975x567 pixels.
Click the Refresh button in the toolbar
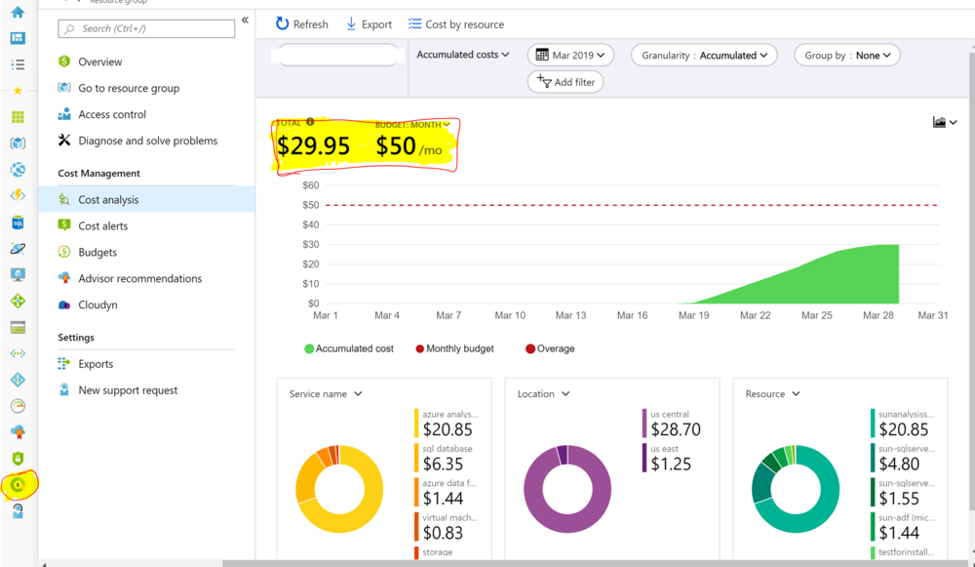(x=301, y=24)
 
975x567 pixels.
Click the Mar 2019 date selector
(x=570, y=56)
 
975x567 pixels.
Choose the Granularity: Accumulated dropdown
(x=704, y=56)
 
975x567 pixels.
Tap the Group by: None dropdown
(x=846, y=56)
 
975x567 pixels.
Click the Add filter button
(x=565, y=82)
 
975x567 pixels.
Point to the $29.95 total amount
(x=313, y=146)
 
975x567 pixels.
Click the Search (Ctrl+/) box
(x=146, y=28)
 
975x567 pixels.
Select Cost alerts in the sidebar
(x=102, y=225)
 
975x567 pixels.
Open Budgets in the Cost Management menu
(x=97, y=252)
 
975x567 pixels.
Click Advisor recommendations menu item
(x=139, y=278)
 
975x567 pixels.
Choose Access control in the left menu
(x=112, y=114)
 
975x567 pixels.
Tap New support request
(x=128, y=390)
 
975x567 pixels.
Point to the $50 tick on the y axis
(x=310, y=205)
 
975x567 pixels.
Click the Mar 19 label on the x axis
(x=693, y=315)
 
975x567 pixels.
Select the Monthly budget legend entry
(x=458, y=348)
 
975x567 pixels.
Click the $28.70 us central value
(x=676, y=429)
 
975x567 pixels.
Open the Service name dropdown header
(x=326, y=394)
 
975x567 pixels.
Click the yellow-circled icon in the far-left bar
(x=18, y=484)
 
